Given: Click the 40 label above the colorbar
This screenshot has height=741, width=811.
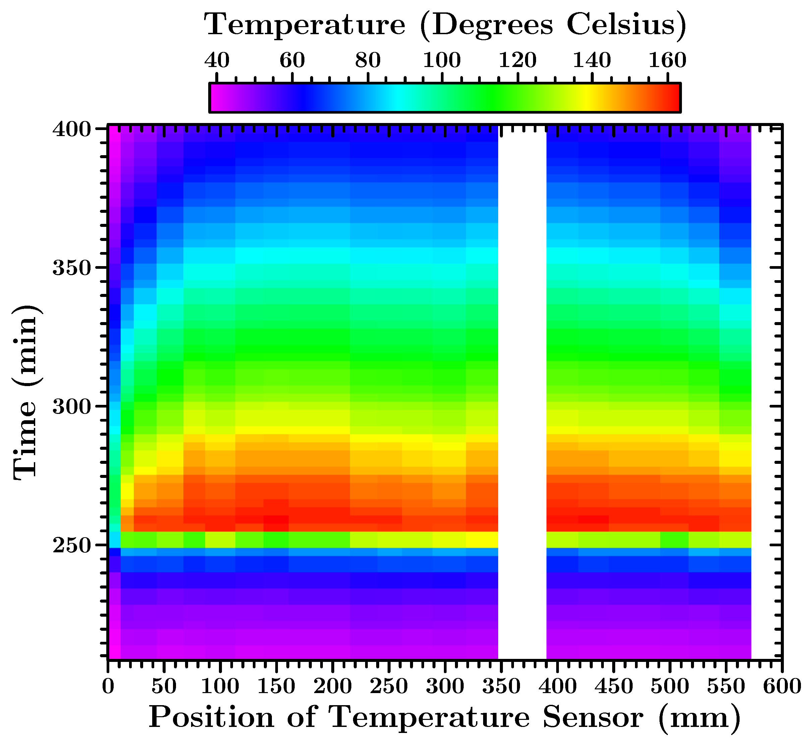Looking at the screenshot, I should [x=217, y=61].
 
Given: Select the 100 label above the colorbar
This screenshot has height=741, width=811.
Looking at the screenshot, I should [x=442, y=61].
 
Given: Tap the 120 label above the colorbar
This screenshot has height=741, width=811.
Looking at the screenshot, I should [x=517, y=61].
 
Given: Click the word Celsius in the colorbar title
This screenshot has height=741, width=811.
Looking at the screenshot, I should [x=626, y=25].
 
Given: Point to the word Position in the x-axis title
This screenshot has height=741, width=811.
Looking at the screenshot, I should [x=212, y=718].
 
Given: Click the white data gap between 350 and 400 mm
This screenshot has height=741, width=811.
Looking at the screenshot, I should [x=522, y=362].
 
